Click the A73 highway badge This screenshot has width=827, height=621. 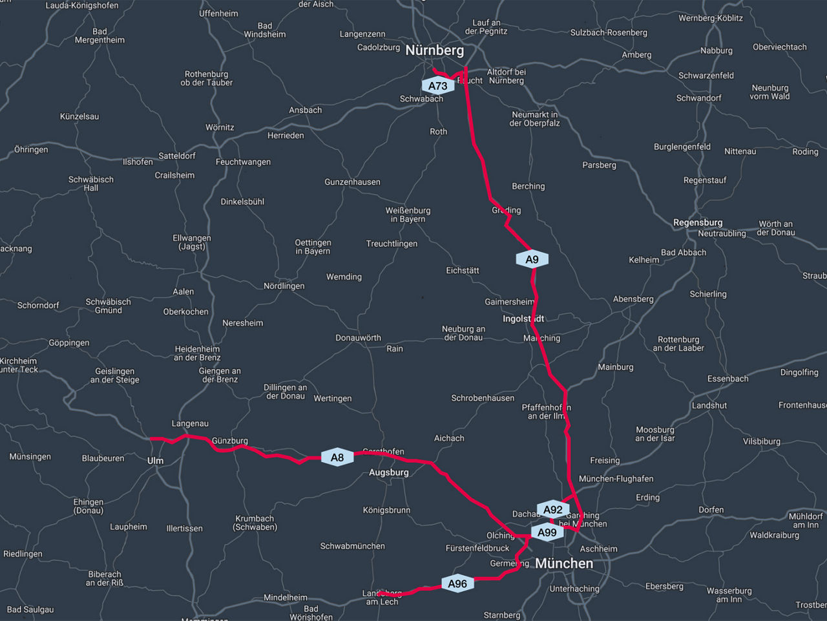tap(437, 86)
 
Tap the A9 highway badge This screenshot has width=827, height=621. tap(532, 260)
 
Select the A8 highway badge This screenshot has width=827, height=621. tap(337, 458)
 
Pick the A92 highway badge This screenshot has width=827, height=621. tap(552, 510)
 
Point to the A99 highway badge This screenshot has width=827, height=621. tap(547, 532)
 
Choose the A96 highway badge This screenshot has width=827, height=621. tap(457, 584)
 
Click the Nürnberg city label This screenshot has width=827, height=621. tap(434, 50)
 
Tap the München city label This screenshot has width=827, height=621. tap(564, 563)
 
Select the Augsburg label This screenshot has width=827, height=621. tap(388, 472)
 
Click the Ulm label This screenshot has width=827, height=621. tap(155, 461)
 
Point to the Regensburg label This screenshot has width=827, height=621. tap(698, 222)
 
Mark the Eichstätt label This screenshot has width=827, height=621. tap(463, 270)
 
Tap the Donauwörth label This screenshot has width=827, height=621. tap(358, 338)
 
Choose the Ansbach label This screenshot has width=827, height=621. tap(305, 110)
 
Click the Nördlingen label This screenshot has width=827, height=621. tap(284, 286)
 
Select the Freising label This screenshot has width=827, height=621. tap(605, 461)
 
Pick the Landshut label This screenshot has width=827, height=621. tap(709, 405)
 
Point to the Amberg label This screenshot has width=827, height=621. tap(636, 55)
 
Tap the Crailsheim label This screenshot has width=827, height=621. tap(174, 175)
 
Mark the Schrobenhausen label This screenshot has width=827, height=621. tap(483, 398)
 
